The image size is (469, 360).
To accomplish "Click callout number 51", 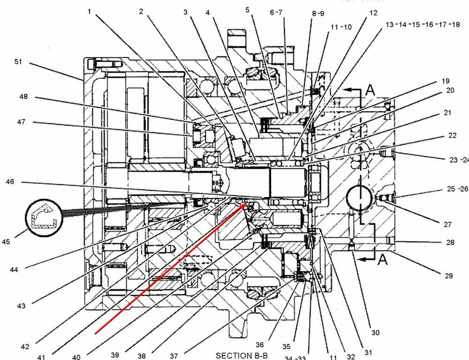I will [x=18, y=61].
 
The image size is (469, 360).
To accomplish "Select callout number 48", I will [x=23, y=97].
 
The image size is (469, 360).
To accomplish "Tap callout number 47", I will [x=22, y=122].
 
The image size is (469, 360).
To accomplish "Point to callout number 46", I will [x=10, y=181].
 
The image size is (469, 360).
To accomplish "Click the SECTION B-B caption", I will [x=240, y=356].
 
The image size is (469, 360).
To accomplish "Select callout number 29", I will [x=448, y=276].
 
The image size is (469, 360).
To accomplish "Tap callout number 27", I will [x=447, y=224].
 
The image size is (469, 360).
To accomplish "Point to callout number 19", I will [x=446, y=80].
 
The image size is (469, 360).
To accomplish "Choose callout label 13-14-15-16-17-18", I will [x=423, y=24].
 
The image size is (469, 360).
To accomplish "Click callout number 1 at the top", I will [x=89, y=11].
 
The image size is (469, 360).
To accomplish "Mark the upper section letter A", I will [x=370, y=90].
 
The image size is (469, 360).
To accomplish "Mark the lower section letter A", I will [x=383, y=259].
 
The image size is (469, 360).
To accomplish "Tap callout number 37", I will [x=174, y=356].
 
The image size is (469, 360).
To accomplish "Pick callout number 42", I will [x=25, y=347].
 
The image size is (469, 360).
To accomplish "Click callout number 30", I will [x=375, y=332].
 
